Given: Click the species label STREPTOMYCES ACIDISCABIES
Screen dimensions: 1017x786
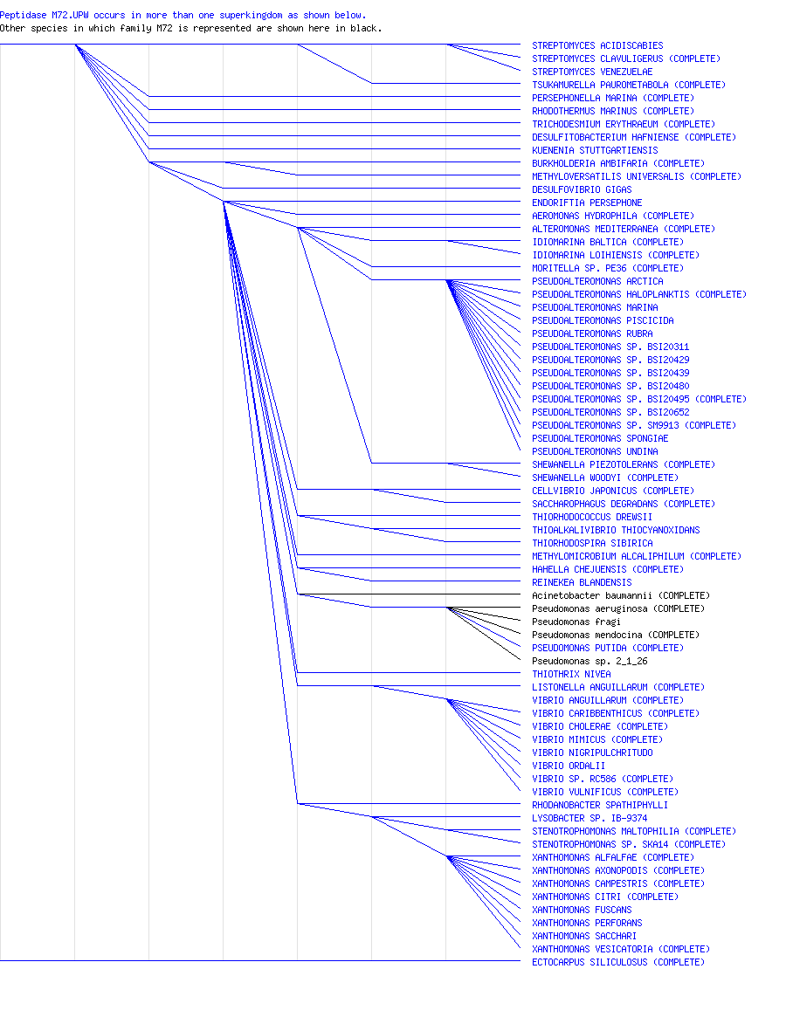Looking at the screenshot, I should coord(597,45).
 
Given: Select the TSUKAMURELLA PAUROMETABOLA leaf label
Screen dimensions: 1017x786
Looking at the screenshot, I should coord(629,85).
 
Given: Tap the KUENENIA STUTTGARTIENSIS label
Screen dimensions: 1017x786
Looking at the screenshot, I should coord(595,150).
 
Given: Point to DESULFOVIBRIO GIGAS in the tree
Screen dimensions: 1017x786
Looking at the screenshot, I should coord(582,189).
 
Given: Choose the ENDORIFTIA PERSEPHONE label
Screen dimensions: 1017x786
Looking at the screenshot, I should coord(587,203).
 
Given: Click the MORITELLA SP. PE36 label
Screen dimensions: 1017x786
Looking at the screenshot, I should coord(608,268).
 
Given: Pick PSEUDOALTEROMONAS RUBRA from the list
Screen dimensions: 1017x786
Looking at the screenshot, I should coord(592,333).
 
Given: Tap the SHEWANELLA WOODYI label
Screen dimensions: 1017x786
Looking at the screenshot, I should coord(605,478).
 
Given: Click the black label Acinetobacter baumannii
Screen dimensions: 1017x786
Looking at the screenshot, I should coord(621,595).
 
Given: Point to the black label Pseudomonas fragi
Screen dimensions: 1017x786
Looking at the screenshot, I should coord(576,622).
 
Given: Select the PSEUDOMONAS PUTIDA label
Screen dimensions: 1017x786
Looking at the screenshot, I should coord(608,648).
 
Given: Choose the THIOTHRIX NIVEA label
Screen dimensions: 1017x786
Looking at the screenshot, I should coord(571,674).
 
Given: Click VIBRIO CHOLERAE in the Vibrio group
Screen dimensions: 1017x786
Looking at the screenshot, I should coord(600,726).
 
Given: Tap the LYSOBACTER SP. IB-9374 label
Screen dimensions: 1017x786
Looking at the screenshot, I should coord(589,818).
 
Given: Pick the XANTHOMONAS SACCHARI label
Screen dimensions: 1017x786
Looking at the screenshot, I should coord(584,936).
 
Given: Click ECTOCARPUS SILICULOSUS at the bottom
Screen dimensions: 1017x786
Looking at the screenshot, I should coord(617,962).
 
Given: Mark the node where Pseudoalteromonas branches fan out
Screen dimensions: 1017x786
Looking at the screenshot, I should coord(446,280).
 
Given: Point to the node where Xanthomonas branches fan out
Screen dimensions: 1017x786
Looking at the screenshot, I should coord(446,856).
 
